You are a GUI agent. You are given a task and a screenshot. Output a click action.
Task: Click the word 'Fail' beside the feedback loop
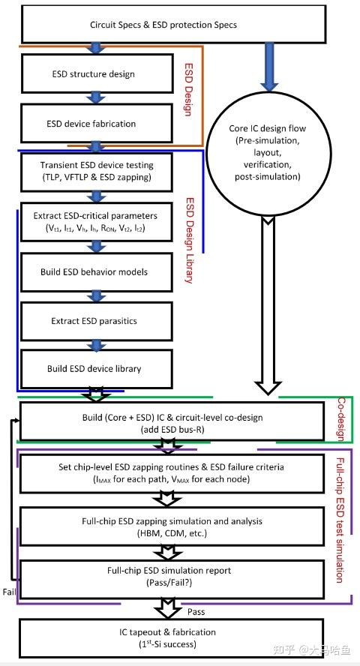[x=10, y=592]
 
